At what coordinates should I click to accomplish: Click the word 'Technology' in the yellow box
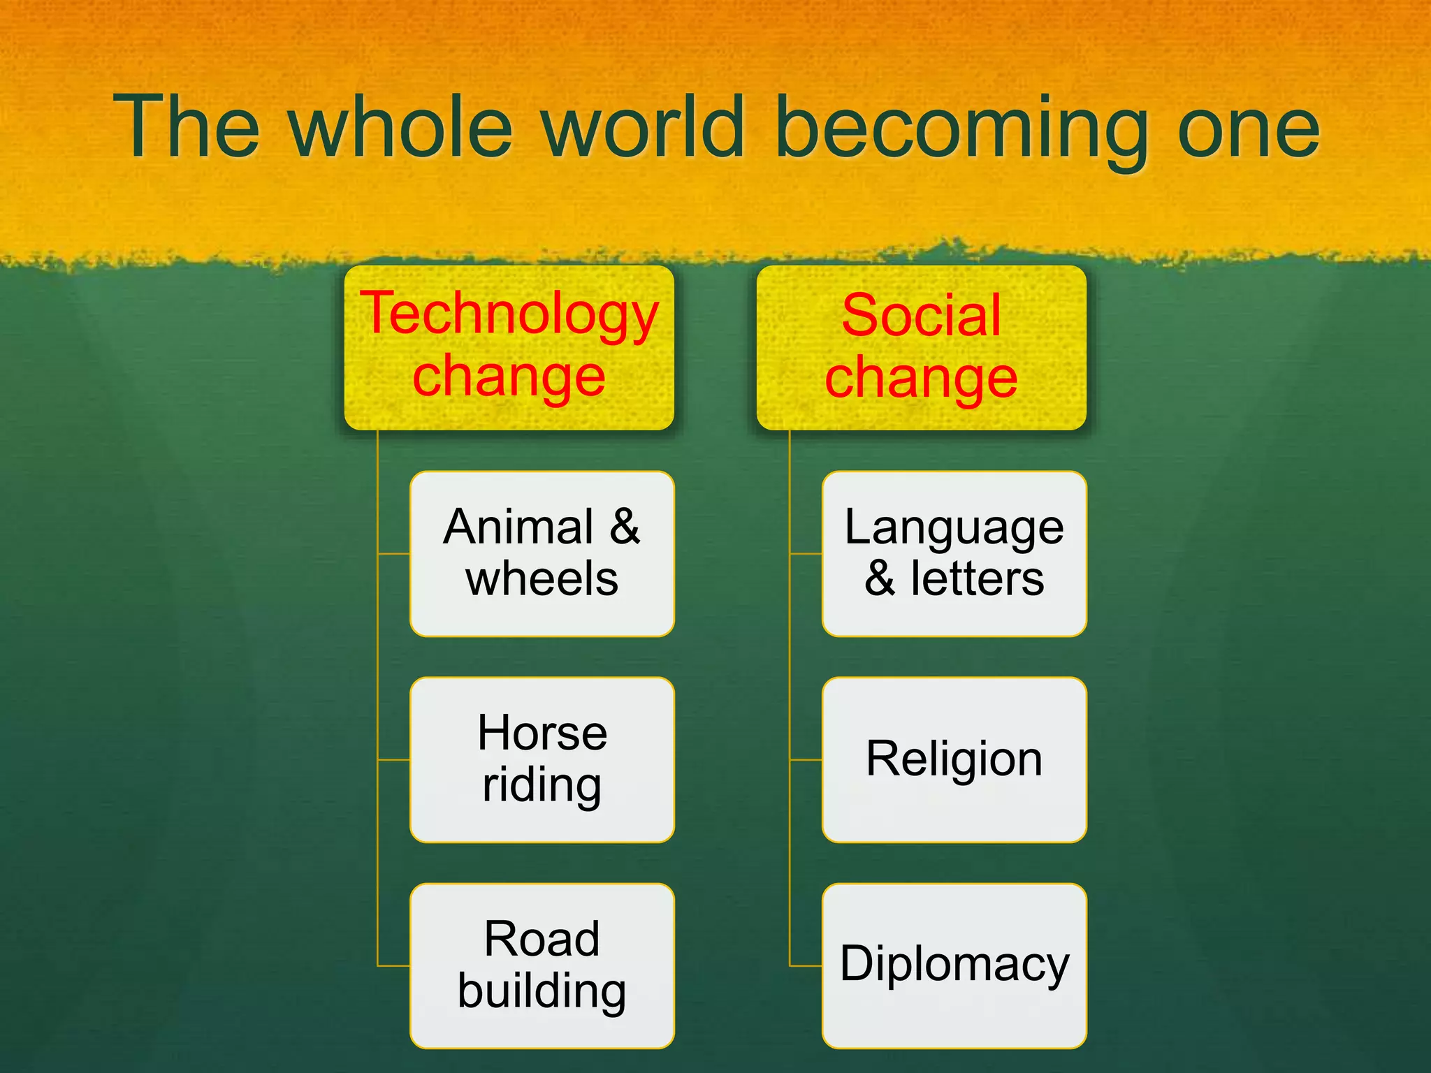[509, 314]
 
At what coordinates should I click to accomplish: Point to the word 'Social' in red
[921, 315]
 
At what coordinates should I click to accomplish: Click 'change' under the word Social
[921, 378]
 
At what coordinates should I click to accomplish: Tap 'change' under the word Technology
[509, 377]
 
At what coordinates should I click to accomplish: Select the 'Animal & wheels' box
[542, 553]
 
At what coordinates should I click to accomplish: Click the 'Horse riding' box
[542, 759]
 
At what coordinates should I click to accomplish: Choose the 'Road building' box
[542, 965]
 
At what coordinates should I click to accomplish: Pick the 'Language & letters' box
[954, 553]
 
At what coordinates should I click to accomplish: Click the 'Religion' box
[954, 759]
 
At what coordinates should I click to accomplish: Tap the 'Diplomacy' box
[954, 965]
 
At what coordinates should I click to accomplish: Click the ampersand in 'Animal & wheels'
[624, 527]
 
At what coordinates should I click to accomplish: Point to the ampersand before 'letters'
[880, 579]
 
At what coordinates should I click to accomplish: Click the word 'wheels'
[542, 579]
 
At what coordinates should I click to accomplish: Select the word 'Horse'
[542, 733]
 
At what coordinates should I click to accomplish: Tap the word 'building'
[542, 992]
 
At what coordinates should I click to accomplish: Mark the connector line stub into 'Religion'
[806, 759]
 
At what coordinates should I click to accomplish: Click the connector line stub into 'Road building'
[393, 965]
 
